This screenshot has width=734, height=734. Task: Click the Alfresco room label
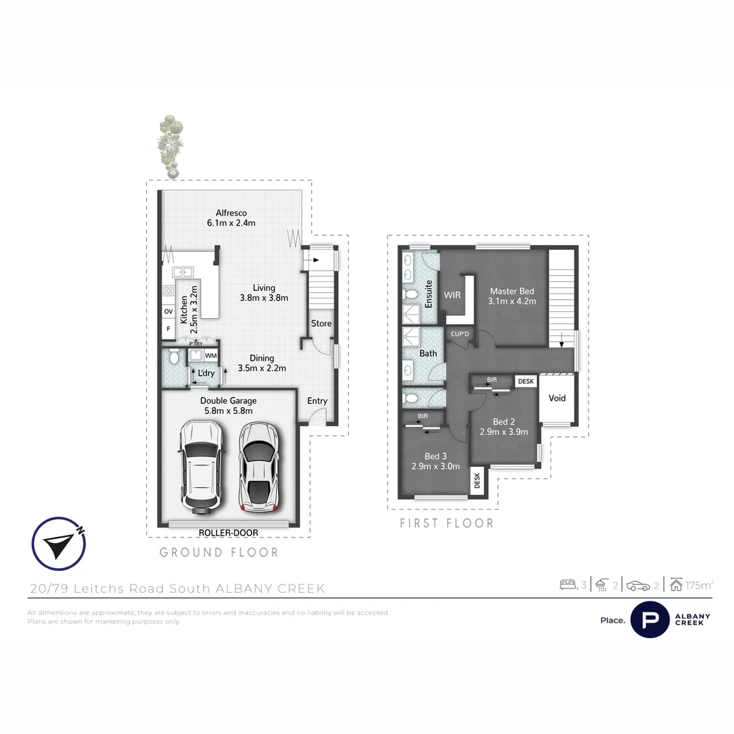pos(231,213)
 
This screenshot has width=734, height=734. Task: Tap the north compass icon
pos(59,543)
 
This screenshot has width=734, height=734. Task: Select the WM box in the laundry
pos(211,355)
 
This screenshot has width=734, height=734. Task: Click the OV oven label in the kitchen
pos(168,311)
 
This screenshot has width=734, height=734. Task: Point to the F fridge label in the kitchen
pos(168,330)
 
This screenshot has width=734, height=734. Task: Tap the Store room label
pos(321,324)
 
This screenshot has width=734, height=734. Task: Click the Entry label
pos(317,401)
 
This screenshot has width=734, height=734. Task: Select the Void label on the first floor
pos(557,398)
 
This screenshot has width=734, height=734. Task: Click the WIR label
pos(453,296)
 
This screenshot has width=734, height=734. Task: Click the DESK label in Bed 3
pos(477,481)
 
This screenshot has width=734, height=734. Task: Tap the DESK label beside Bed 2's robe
pos(526,382)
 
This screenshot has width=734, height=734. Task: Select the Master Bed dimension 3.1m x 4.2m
pos(513,301)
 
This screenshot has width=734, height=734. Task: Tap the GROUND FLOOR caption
pos(219,553)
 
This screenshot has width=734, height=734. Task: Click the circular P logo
pos(650,619)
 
